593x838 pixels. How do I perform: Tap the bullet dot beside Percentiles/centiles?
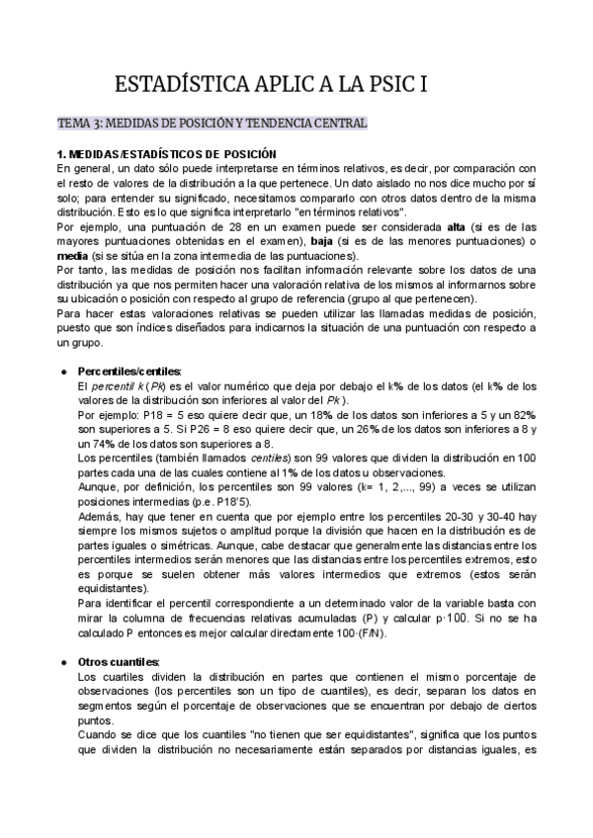tap(63, 371)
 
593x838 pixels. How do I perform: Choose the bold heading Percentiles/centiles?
tap(129, 371)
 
